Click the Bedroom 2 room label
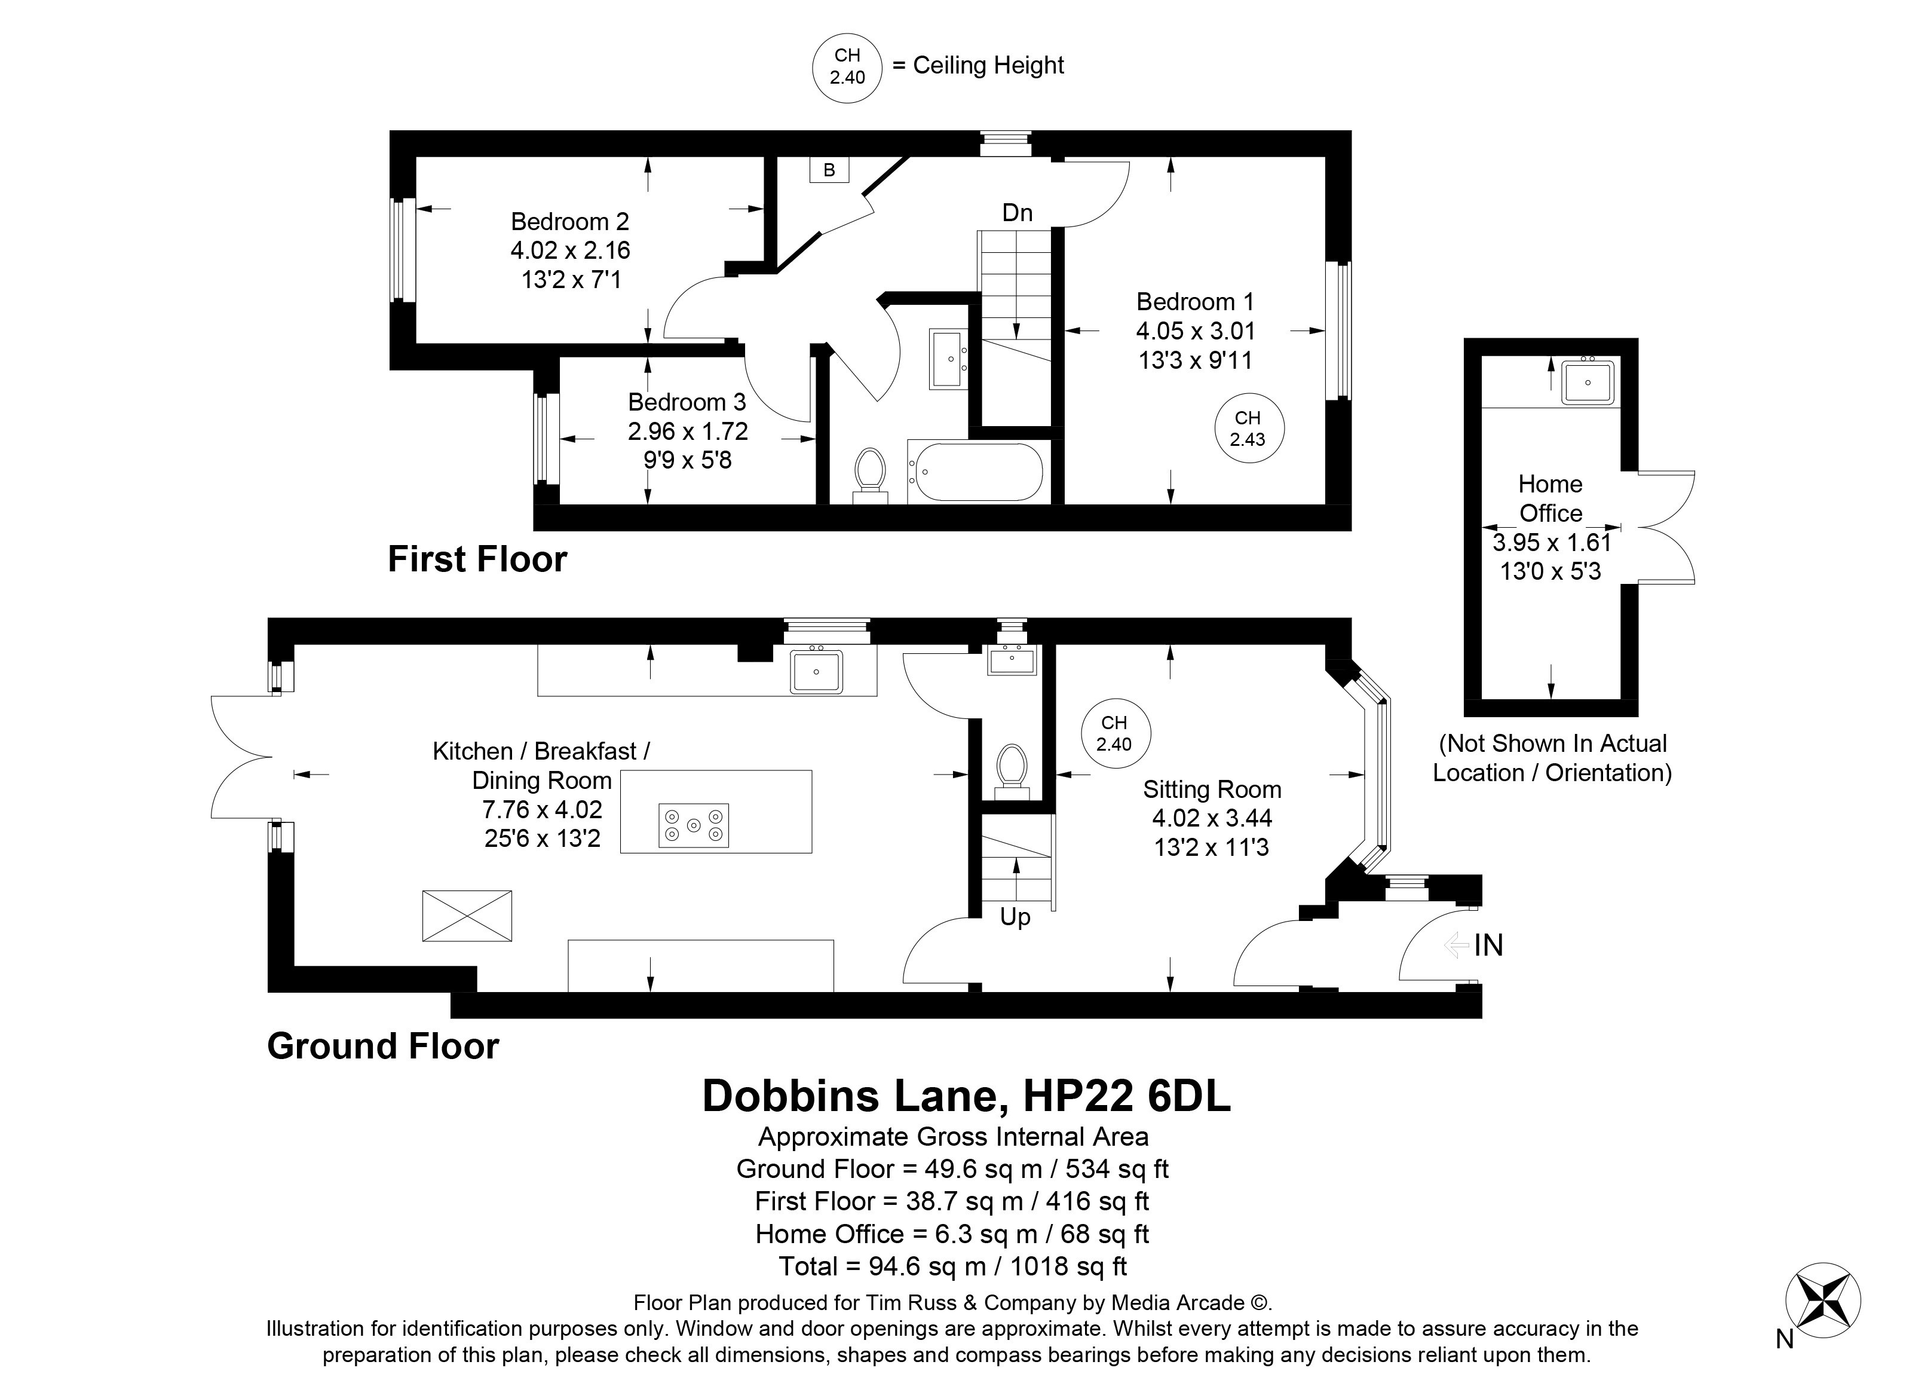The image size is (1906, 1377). pos(570,222)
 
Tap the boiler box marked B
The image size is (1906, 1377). pos(829,170)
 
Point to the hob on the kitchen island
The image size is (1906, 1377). pos(693,825)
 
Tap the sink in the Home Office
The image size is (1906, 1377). pos(1588,382)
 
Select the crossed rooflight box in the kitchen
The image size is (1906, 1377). pos(467,916)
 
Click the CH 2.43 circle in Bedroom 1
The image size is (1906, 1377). pos(1248,429)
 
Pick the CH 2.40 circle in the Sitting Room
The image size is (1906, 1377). pos(1114,733)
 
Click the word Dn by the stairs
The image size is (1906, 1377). pos(1017,213)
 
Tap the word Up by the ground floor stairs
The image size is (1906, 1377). pos(1015,917)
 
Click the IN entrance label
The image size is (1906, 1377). pos(1488,945)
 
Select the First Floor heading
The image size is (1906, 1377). pos(477,559)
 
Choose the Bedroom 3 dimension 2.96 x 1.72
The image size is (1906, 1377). pos(688,432)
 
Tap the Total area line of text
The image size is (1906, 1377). pos(953,1266)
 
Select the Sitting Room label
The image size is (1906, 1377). pos(1212,790)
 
